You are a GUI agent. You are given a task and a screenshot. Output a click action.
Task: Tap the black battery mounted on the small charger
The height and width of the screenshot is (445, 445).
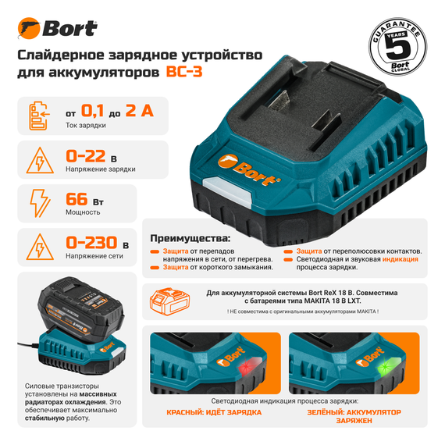(77, 308)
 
